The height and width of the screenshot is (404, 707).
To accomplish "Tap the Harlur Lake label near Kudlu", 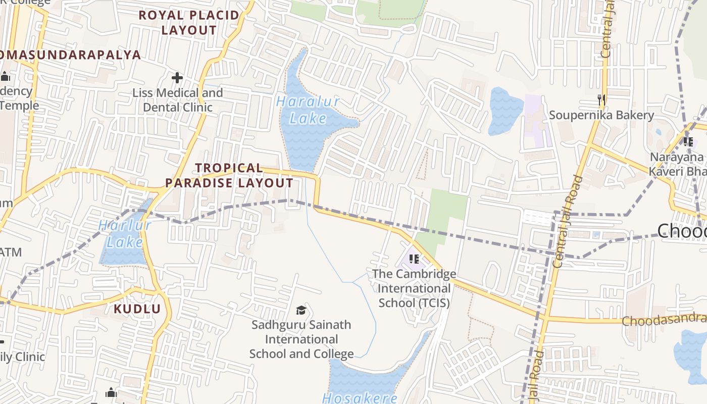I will tap(125, 234).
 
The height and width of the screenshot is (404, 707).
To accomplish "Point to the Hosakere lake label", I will tap(360, 398).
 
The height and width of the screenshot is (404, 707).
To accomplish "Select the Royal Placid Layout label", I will tap(189, 23).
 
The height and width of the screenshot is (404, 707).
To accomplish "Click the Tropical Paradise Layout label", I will tap(229, 175).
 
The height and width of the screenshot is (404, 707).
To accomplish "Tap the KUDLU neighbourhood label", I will tap(137, 309).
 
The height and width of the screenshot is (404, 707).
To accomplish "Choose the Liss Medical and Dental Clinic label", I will tap(178, 100).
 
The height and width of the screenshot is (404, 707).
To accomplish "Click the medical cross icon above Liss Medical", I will tap(177, 78).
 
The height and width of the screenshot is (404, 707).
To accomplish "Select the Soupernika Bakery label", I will tap(601, 115).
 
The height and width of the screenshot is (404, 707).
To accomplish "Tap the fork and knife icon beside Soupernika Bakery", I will tap(601, 100).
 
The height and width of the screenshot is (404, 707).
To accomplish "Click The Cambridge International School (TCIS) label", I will tap(414, 288).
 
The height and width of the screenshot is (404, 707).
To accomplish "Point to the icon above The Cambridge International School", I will tap(414, 259).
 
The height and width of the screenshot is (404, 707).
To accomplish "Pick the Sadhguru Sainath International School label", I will tap(301, 339).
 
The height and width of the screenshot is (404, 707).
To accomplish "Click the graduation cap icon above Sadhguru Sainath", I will tap(301, 310).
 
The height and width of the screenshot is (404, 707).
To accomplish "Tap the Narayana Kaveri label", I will tap(677, 164).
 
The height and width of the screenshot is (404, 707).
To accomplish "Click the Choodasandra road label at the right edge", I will tap(664, 320).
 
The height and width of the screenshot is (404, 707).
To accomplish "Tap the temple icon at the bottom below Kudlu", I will tap(111, 392).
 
